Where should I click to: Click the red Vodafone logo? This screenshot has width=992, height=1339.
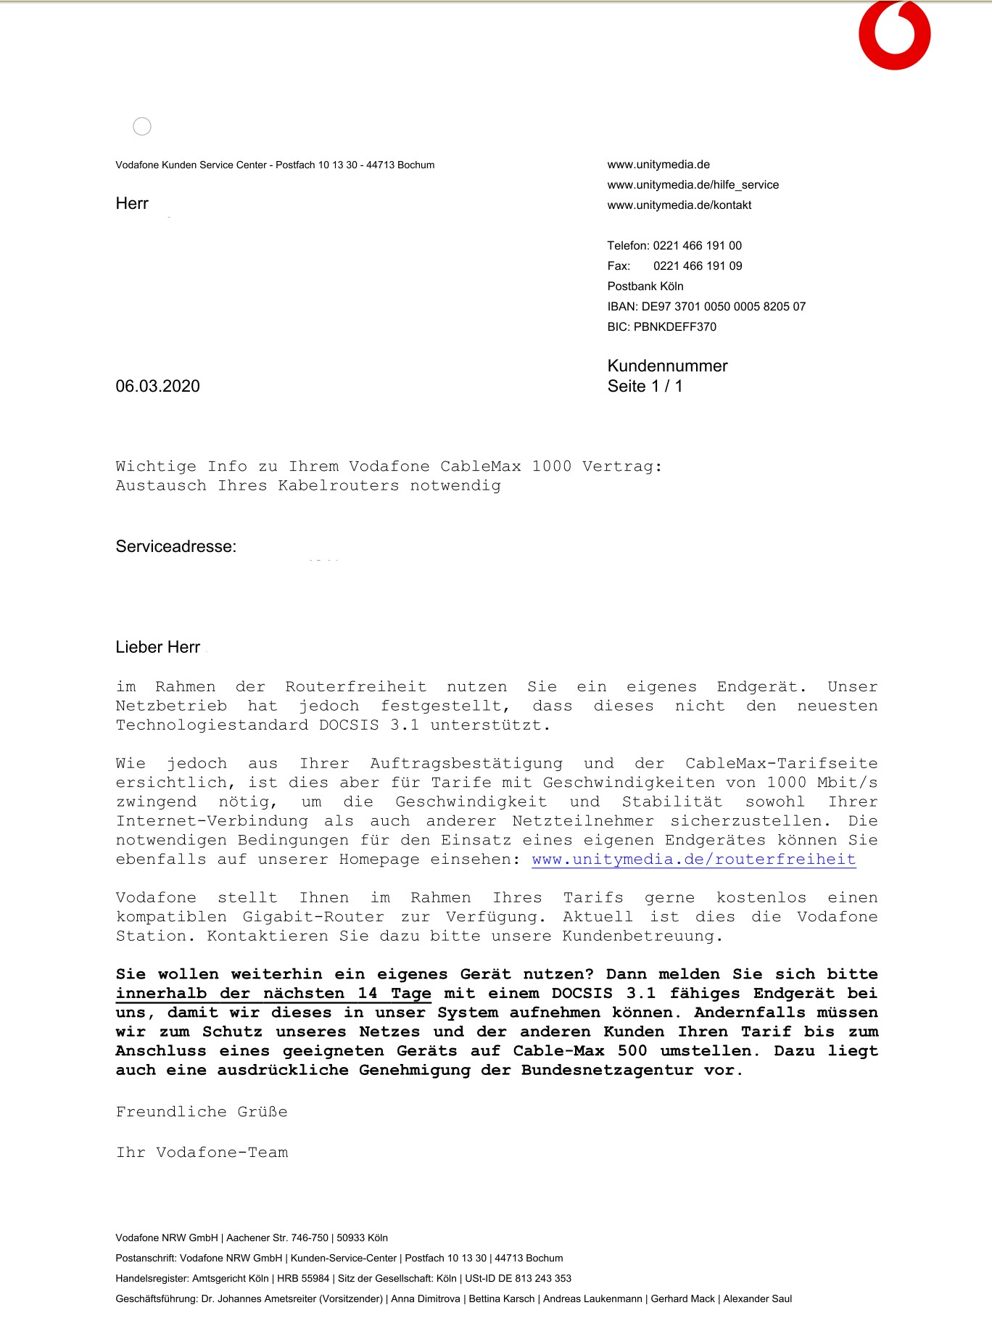tap(894, 36)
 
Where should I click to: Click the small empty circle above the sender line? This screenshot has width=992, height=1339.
tap(142, 127)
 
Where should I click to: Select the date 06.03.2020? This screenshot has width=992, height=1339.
tap(157, 387)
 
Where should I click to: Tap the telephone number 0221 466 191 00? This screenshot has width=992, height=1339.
tap(697, 246)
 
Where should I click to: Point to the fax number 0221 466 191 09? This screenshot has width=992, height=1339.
tap(698, 266)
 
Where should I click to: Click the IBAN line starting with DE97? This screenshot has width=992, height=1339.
tap(706, 307)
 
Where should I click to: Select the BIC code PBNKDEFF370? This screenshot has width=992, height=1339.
tap(674, 327)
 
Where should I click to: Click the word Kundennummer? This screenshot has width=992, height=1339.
tap(667, 366)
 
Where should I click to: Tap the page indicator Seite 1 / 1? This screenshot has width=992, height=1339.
tap(645, 387)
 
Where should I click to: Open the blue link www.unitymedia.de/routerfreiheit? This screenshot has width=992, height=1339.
tap(693, 860)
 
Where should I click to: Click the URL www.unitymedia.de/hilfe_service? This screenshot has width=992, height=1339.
tap(693, 185)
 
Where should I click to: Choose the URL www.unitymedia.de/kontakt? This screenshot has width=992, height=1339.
tap(679, 205)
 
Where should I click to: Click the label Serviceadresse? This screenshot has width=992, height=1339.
tap(175, 547)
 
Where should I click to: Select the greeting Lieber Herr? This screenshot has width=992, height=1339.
tap(157, 647)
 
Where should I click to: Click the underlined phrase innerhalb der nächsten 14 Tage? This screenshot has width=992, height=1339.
tap(273, 994)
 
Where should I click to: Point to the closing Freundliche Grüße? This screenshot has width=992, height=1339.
tap(202, 1112)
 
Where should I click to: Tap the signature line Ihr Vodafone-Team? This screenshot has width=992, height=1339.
tap(202, 1153)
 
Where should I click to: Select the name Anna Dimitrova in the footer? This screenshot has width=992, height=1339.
tap(426, 1299)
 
